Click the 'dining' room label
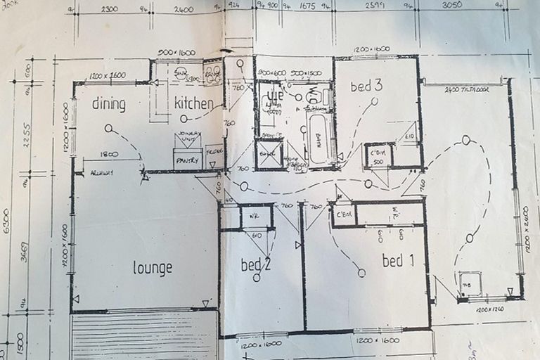point(108,105)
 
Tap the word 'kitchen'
point(194,104)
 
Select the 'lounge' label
point(153,268)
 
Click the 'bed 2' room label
point(256,264)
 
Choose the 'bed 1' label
point(398,261)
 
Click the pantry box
point(188,160)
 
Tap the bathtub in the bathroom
point(320,141)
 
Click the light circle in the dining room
point(108,129)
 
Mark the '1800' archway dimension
point(108,154)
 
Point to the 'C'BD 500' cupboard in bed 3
point(378,156)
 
